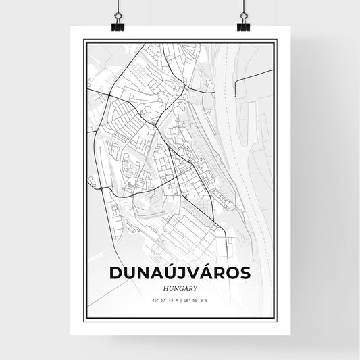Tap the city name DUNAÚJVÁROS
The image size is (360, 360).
(180, 272)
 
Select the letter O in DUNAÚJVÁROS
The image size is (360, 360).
(232, 272)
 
